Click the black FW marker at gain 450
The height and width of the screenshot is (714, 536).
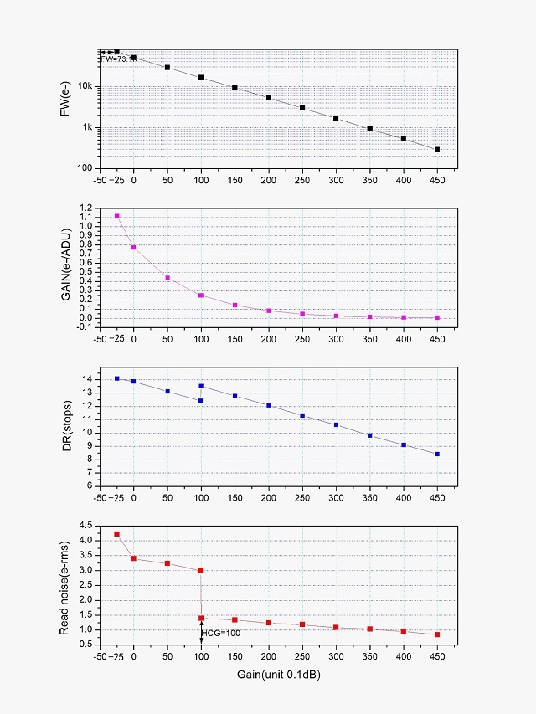tap(437, 150)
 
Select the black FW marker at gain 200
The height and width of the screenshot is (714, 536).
tap(269, 98)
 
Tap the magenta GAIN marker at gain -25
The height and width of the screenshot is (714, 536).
tap(117, 216)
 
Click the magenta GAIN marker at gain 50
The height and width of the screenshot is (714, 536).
tap(167, 278)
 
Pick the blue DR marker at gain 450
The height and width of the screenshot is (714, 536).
tap(437, 455)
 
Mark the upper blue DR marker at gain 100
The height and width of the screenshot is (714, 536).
tap(201, 386)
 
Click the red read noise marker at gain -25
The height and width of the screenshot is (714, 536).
tap(117, 534)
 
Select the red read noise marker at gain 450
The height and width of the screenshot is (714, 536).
tap(437, 634)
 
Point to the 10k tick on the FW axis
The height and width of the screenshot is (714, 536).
tap(85, 86)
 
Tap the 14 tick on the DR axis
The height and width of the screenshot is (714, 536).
tap(87, 380)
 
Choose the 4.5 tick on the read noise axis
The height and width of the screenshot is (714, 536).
tap(85, 526)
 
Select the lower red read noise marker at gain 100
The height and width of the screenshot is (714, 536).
tap(201, 618)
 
